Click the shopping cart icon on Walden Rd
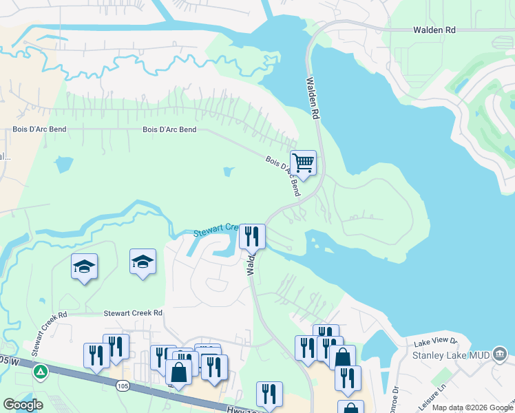pyautogui.click(x=303, y=163)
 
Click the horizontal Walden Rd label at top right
pyautogui.click(x=434, y=30)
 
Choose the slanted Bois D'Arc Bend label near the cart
pyautogui.click(x=283, y=176)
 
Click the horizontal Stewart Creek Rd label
pyautogui.click(x=133, y=313)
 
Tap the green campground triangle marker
pyautogui.click(x=41, y=372)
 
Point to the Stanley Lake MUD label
pyautogui.click(x=450, y=355)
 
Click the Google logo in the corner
pyautogui.click(x=23, y=405)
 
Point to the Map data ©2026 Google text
pyautogui.click(x=472, y=407)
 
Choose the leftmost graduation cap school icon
pyautogui.click(x=84, y=266)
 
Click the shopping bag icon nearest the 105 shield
pyautogui.click(x=178, y=372)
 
